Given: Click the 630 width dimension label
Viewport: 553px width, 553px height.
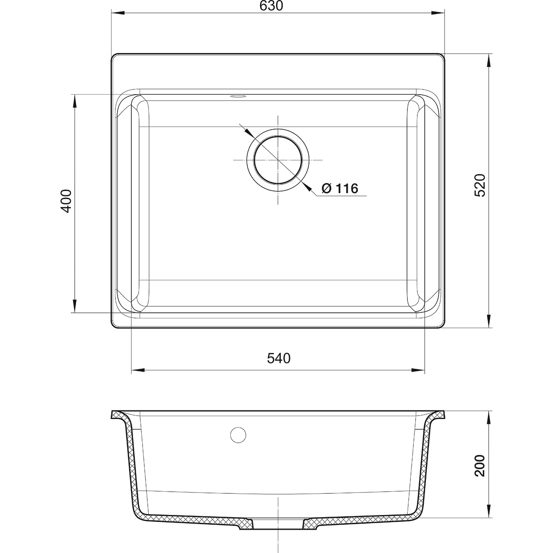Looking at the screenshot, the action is pos(271,6).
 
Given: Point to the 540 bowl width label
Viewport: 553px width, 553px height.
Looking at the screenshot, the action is pos(279,359).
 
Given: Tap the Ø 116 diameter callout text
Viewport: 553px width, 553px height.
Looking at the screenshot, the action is pos(340,188).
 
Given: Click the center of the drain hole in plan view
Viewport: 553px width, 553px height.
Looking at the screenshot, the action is pos(278,160).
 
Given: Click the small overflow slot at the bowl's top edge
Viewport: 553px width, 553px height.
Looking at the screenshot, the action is pos(238,96).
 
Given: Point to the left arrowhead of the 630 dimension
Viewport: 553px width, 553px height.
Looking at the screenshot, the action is pos(118,13).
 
